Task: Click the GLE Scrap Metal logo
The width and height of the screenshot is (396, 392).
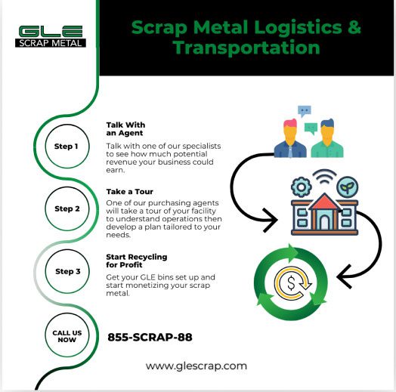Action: point(51,36)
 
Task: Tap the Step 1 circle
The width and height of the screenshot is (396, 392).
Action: point(67,146)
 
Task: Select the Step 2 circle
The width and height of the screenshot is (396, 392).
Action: point(67,208)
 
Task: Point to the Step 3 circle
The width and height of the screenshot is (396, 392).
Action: point(67,271)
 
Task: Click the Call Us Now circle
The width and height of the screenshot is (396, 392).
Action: point(67,335)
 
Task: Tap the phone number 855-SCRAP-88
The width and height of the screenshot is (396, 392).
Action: point(150,337)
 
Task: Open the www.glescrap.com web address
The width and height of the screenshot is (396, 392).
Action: point(196,366)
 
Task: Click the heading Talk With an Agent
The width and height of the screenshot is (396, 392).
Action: point(125,129)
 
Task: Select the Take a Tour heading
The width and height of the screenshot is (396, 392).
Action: point(129,192)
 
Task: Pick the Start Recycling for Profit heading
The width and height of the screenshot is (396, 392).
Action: point(137,261)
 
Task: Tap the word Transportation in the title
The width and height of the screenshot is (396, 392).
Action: point(246,48)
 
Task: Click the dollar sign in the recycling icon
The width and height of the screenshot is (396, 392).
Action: point(291,282)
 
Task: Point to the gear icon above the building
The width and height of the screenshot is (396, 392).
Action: point(302,187)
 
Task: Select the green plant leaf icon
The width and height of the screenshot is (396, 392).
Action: point(348,187)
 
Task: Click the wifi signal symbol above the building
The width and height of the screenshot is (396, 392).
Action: point(324,176)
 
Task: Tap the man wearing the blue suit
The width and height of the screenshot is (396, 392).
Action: point(290,137)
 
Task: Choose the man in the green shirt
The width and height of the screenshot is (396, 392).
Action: point(327,137)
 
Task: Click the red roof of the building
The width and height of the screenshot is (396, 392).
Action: point(324,202)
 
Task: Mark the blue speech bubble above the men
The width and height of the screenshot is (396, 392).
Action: point(305,111)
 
